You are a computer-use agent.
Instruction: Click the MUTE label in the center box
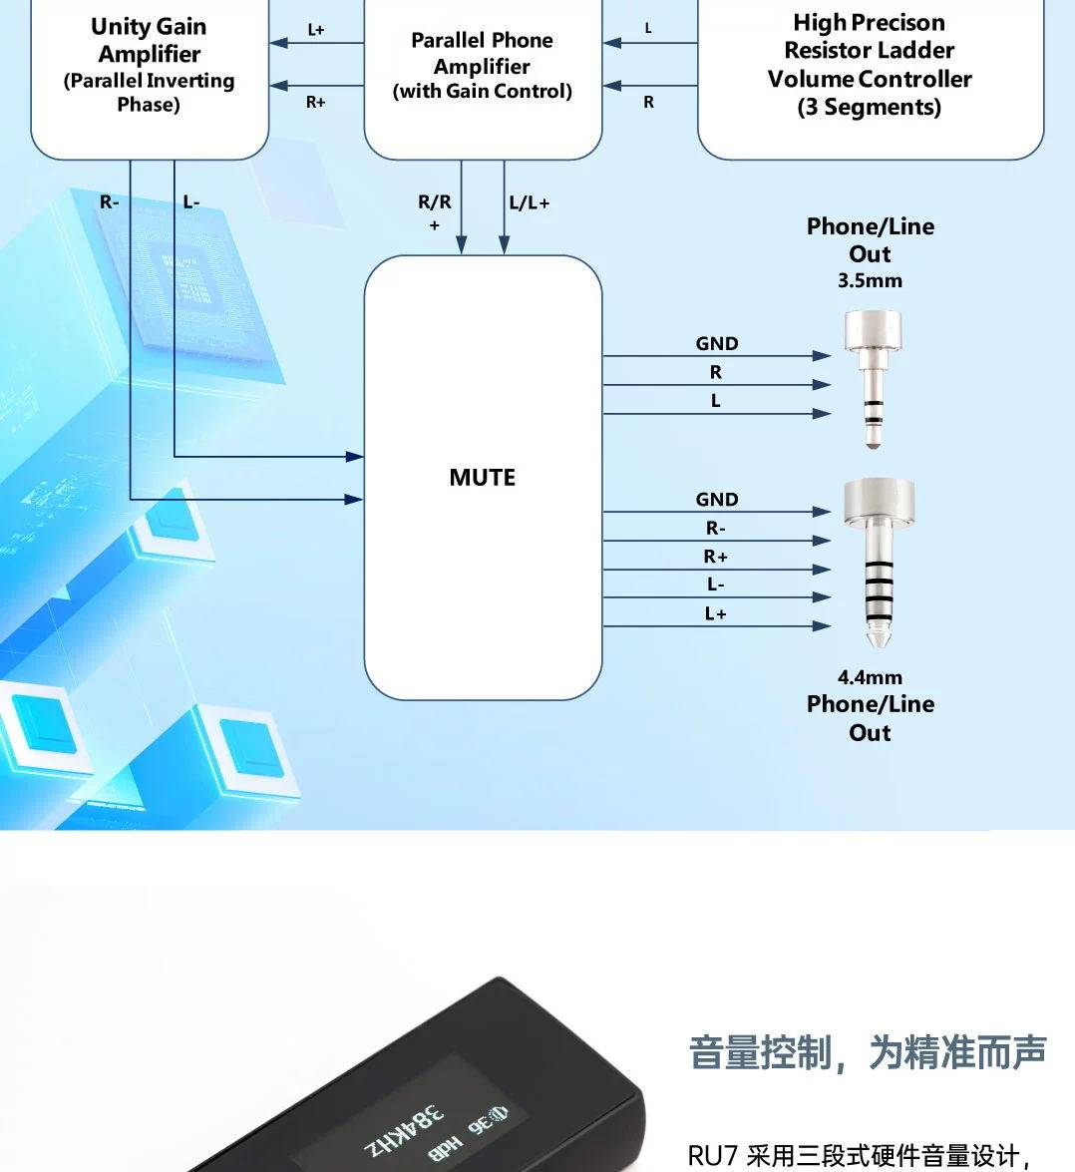click(x=483, y=478)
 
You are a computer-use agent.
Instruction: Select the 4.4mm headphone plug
click(x=878, y=559)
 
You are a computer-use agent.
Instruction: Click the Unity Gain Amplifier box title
click(x=149, y=41)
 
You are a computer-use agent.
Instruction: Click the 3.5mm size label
click(x=870, y=281)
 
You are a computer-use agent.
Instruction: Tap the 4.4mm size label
click(x=870, y=677)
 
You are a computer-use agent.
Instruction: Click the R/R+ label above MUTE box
click(x=435, y=210)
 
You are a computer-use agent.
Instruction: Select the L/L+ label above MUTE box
click(x=529, y=203)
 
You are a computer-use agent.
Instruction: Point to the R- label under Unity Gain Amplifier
click(x=109, y=202)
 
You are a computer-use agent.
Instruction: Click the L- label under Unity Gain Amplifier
click(x=191, y=202)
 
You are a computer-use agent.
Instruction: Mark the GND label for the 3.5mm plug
click(x=717, y=343)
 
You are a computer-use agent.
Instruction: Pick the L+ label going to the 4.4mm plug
click(x=716, y=613)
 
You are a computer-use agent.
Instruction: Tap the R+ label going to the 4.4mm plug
click(x=716, y=557)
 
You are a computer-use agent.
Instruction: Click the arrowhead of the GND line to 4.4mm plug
click(x=823, y=512)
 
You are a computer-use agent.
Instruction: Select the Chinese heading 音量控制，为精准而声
click(x=868, y=1052)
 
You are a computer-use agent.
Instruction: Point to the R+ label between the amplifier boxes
click(x=316, y=102)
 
